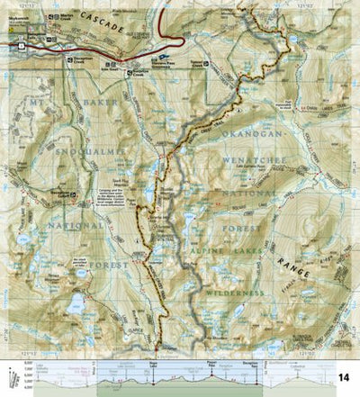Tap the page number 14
(343, 375)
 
